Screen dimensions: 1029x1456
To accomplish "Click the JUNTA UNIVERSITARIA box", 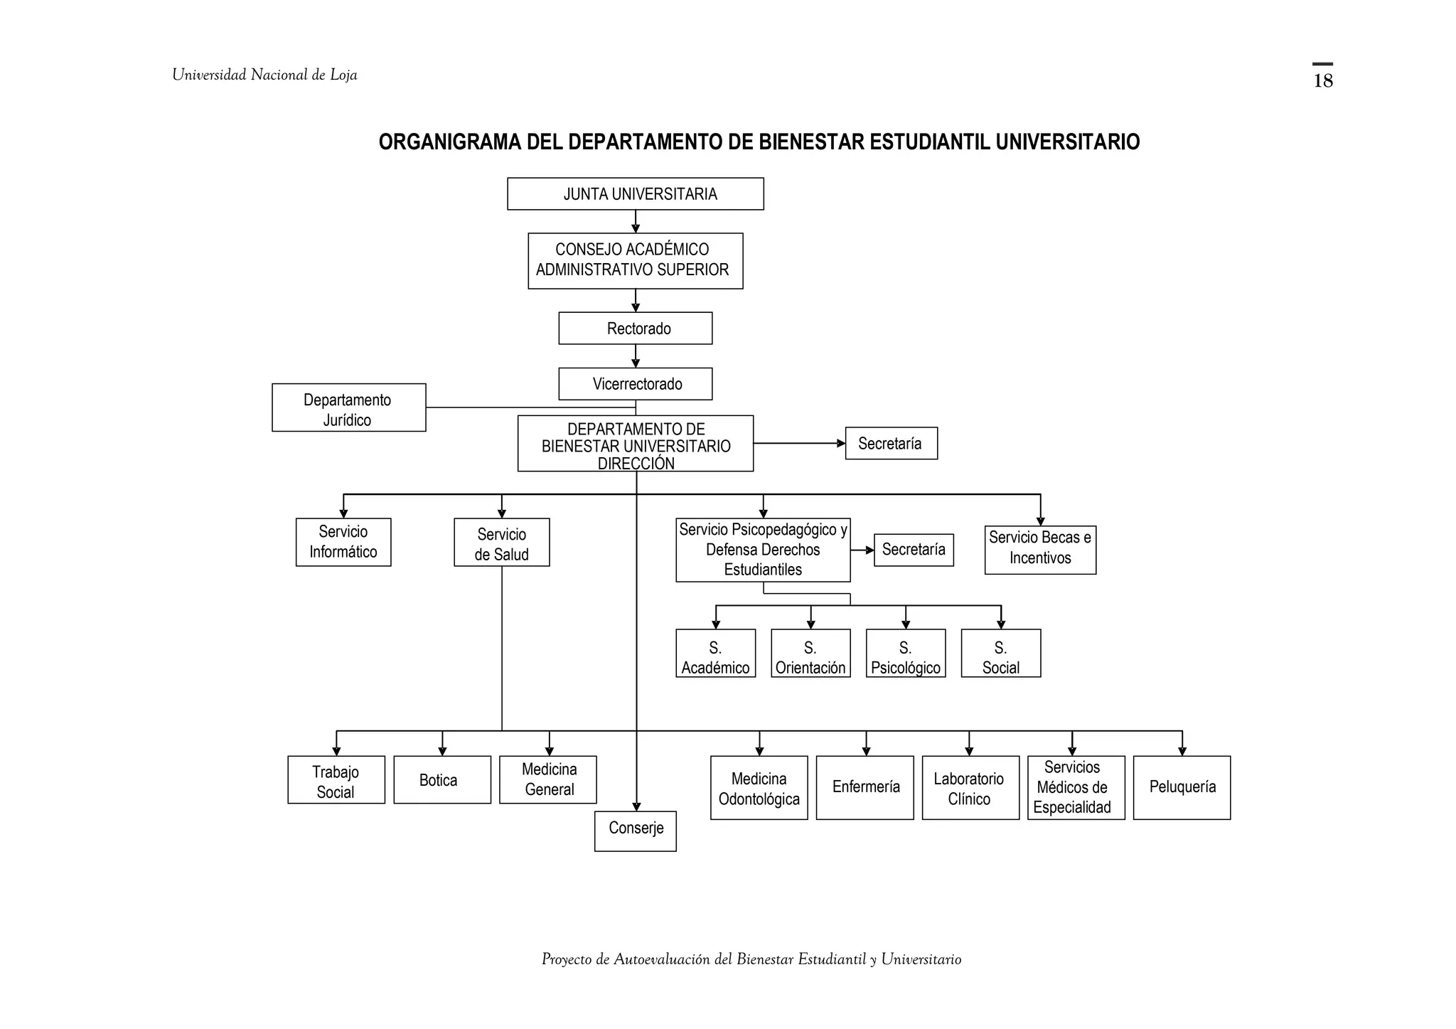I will pos(636,193).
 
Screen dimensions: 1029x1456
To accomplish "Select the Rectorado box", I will pos(636,328).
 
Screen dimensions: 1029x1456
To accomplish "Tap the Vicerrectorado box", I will pos(636,384).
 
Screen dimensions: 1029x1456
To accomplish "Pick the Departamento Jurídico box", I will pos(348,407).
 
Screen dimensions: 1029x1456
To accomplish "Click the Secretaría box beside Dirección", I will pos(891,443).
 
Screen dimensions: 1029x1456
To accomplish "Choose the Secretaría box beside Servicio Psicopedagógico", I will pos(914,550).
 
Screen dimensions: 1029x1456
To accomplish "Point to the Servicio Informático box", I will pos(343,542).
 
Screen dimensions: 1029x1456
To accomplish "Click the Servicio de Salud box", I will pos(501,542).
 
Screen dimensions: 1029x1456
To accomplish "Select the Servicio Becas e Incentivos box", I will pos(1040,550).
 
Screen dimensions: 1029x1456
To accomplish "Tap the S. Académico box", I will pos(715,653).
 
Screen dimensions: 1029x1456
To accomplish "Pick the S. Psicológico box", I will pos(906,653).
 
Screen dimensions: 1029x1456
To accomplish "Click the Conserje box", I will pos(636,831).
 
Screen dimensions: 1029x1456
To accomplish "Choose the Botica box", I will pos(442,779).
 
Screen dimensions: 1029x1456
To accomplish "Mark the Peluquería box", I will pos(1182,787).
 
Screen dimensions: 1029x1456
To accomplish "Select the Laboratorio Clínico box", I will pos(970,787).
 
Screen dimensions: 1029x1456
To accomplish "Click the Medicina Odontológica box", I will pos(759,787).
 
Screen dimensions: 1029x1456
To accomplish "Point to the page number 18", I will pos(1322,80).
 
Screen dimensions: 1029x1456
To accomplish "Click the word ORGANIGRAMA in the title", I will pos(450,142).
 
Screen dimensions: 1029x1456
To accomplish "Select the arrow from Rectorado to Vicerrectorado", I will pos(636,356).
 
